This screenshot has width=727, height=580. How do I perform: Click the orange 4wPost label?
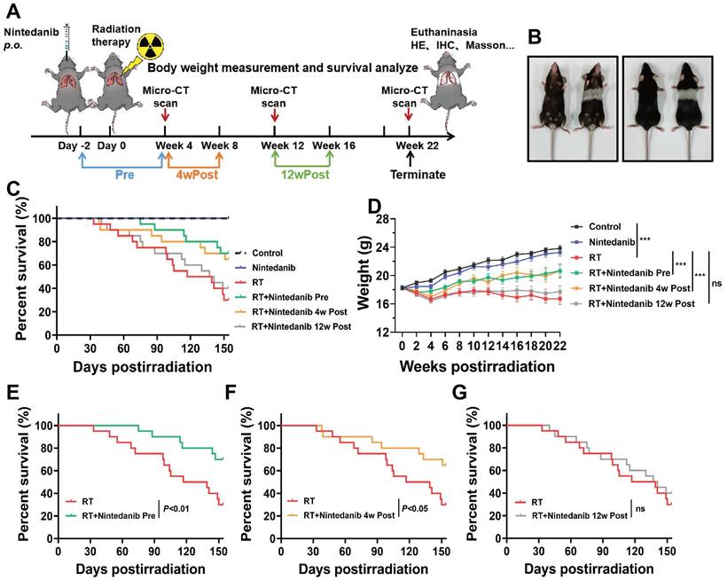192,176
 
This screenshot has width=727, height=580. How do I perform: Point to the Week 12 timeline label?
274,145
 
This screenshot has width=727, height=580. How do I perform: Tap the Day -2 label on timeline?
74,145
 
